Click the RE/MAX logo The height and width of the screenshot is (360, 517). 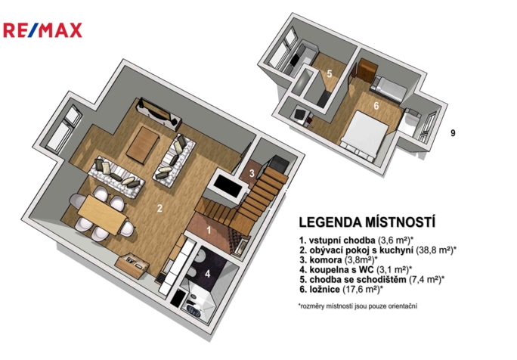42,30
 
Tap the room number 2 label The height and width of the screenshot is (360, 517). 159,209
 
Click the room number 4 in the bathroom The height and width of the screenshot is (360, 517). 207,274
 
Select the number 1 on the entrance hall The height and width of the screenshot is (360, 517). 209,230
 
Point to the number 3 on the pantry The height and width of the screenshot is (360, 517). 252,173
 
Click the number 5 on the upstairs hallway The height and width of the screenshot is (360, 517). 329,73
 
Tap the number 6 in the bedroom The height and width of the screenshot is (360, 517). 376,106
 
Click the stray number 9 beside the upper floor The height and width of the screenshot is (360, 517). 453,133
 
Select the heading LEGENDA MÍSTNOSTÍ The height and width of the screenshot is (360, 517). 367,222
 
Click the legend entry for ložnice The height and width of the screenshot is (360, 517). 341,290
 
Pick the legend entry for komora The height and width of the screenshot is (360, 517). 339,259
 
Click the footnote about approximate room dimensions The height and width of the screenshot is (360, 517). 358,306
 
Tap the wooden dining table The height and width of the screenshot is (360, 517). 103,214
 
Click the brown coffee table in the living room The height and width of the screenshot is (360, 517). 142,145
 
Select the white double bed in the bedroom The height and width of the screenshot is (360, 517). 364,136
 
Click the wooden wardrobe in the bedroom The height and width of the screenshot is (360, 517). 367,70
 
